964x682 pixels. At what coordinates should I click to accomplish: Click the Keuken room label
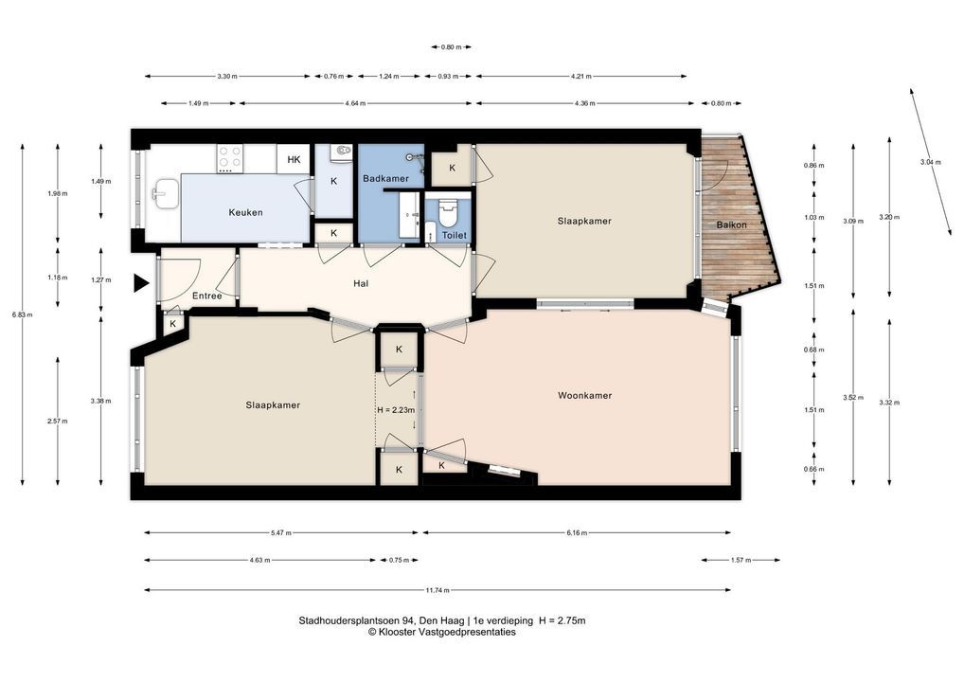click(245, 213)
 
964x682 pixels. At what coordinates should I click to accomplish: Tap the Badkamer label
click(385, 178)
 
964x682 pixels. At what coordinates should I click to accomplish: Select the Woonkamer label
click(584, 395)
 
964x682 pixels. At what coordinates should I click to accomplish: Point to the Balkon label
click(732, 225)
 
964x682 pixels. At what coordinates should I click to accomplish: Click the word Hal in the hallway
click(361, 283)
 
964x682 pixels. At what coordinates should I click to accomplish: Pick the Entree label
click(206, 296)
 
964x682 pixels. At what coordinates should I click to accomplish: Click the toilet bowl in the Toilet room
click(448, 211)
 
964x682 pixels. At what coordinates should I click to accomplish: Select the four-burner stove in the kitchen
click(230, 159)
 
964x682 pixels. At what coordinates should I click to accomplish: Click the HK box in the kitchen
click(294, 159)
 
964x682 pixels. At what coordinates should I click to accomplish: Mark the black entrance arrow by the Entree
click(142, 283)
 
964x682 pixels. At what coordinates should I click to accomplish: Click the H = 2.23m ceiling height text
click(396, 410)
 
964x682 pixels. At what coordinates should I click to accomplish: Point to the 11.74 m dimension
click(437, 590)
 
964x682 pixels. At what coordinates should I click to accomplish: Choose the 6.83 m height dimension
click(22, 314)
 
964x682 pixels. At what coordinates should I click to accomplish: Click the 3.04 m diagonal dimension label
click(930, 162)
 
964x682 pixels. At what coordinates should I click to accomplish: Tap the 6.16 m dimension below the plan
click(577, 532)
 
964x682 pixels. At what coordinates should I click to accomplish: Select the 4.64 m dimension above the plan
click(355, 103)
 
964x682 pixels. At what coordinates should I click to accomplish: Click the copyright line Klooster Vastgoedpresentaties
click(442, 632)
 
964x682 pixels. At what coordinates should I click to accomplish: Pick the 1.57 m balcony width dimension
click(741, 560)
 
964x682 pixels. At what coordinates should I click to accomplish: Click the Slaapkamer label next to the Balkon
click(584, 221)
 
